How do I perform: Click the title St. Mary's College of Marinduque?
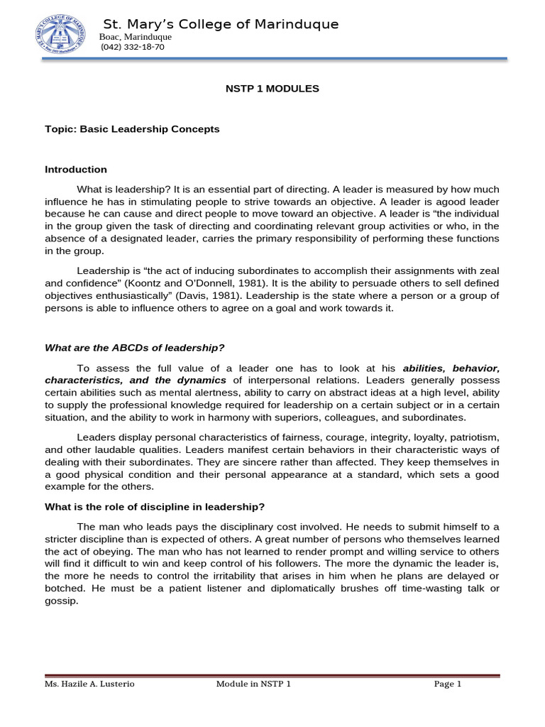221,25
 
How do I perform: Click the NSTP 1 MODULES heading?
272,89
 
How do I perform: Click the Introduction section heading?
76,170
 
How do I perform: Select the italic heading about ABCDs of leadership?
135,347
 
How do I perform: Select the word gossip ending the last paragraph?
61,601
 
